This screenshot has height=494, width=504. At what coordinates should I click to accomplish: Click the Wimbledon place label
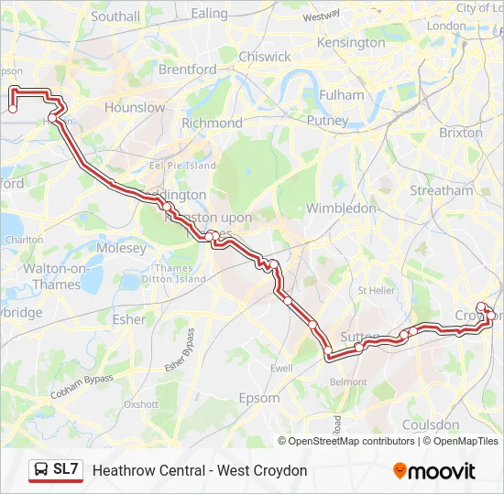click(341, 209)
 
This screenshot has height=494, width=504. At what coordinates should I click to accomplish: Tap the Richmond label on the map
click(212, 123)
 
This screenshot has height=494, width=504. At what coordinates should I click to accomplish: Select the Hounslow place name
click(135, 108)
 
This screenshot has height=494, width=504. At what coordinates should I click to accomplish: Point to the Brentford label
click(187, 70)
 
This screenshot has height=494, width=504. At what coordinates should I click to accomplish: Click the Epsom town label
click(258, 399)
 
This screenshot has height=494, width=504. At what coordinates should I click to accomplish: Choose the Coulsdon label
click(431, 425)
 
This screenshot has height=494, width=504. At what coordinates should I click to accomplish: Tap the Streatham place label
click(442, 191)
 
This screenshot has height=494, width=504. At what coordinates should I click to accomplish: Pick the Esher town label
click(128, 320)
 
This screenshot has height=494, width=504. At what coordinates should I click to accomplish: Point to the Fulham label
click(341, 95)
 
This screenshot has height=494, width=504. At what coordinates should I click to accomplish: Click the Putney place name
click(327, 121)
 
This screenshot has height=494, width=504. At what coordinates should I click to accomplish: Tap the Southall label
click(115, 16)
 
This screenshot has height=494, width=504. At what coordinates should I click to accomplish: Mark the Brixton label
click(460, 133)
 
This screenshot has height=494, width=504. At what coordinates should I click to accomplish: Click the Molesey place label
click(121, 249)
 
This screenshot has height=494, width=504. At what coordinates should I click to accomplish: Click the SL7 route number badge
click(66, 470)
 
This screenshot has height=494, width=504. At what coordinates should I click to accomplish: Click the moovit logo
click(434, 471)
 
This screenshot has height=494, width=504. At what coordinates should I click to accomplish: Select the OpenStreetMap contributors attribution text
click(352, 441)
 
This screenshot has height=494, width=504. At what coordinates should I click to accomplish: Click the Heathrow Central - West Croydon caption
click(200, 471)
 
